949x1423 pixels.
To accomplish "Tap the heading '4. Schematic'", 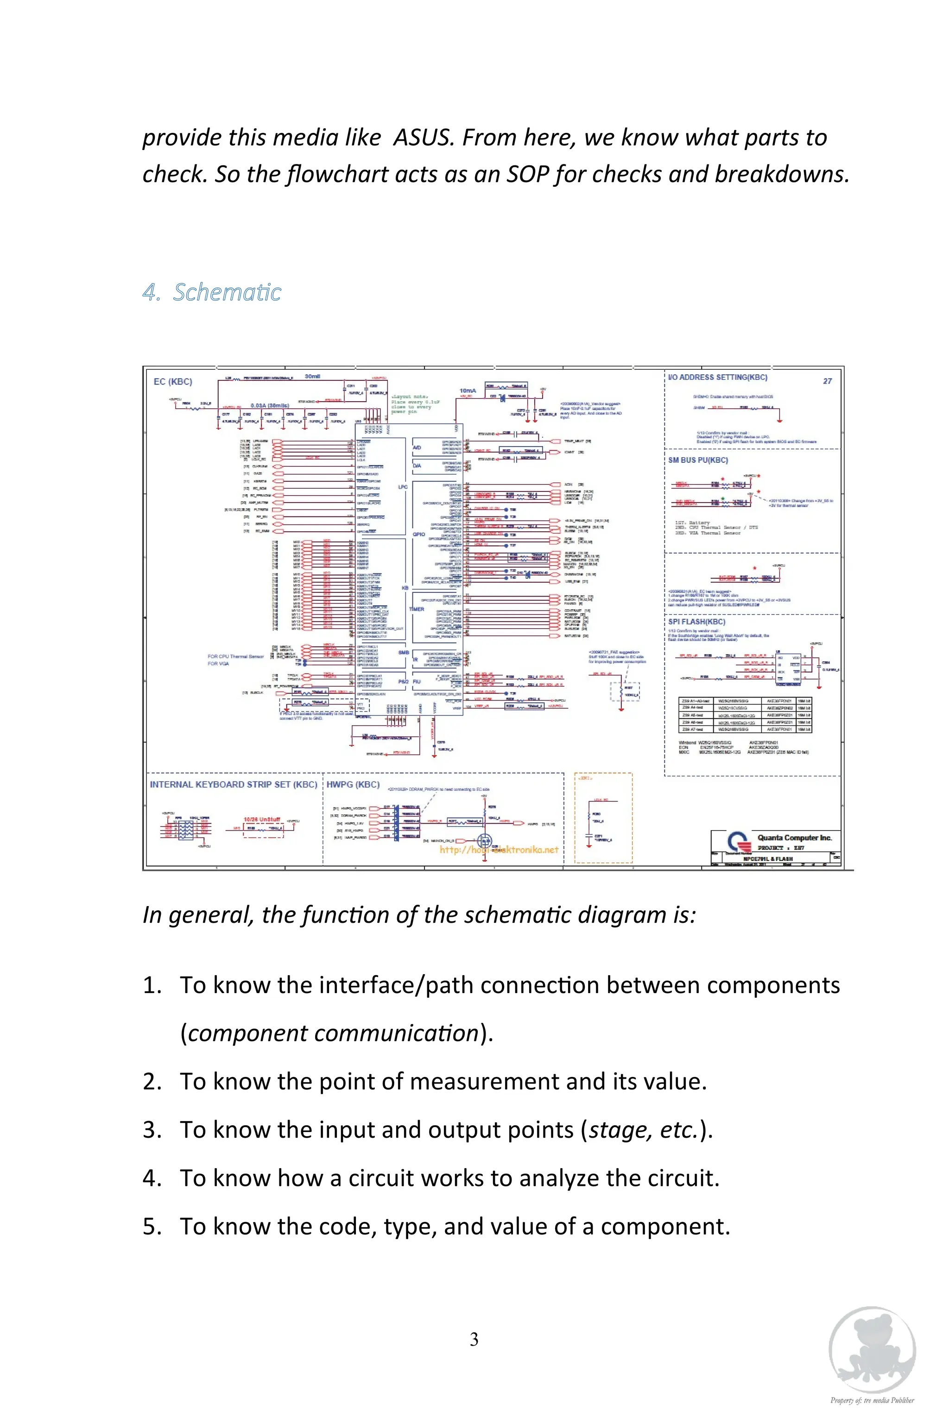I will coord(212,292).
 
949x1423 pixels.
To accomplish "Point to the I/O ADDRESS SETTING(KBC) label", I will coord(717,377).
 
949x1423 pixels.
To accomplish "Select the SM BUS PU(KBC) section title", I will coord(698,460).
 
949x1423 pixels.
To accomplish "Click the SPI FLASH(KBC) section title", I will coord(696,621).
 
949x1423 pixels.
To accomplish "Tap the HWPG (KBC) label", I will coord(353,784).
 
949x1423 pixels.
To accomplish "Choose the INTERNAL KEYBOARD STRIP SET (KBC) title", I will coord(234,784).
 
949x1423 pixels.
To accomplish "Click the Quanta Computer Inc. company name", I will coord(794,838).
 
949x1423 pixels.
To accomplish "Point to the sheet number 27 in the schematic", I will coord(827,381).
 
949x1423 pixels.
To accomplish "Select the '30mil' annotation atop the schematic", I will coord(312,376).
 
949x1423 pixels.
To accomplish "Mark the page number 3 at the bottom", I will coord(474,1339).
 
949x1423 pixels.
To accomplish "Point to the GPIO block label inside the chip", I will coord(418,534).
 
